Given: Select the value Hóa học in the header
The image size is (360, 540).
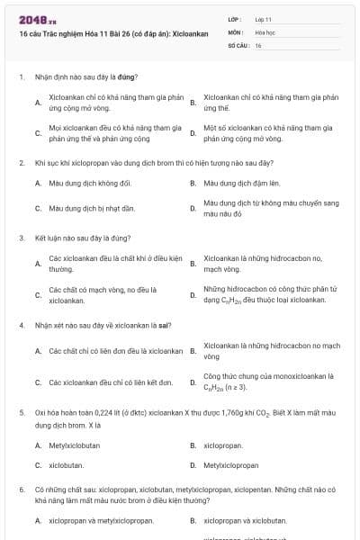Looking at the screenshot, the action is click(x=265, y=31).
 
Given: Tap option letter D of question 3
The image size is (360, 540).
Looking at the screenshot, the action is click(x=193, y=294).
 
